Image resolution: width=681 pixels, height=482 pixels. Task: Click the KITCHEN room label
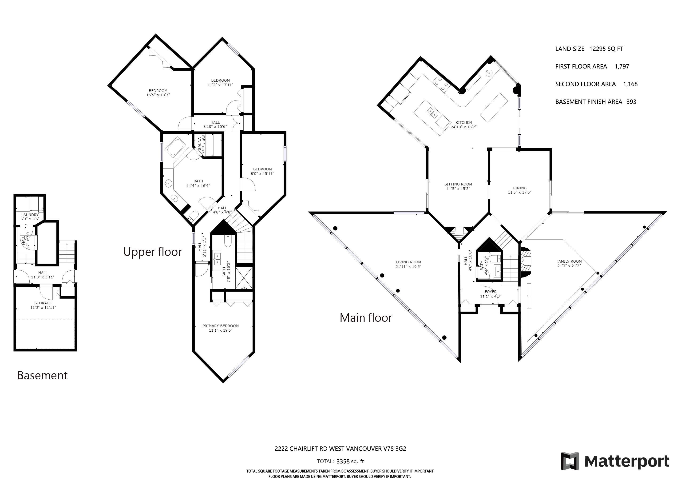click(x=463, y=123)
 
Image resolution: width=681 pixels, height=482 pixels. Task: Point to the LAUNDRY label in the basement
click(x=30, y=215)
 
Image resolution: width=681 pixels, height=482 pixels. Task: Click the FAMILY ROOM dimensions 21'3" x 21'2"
click(x=569, y=266)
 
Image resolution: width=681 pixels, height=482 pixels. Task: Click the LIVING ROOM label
click(x=408, y=262)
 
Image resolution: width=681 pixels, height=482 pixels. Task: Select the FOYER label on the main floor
click(x=491, y=292)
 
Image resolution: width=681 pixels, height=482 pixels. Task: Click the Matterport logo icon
click(x=570, y=461)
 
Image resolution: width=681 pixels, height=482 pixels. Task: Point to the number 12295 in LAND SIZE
click(x=598, y=49)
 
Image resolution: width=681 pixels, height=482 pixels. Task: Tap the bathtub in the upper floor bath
click(x=175, y=147)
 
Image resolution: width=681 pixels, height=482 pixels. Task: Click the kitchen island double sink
click(x=432, y=112)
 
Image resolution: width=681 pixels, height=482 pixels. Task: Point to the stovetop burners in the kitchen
click(x=441, y=84)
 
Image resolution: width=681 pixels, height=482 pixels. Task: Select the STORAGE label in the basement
click(x=43, y=303)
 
